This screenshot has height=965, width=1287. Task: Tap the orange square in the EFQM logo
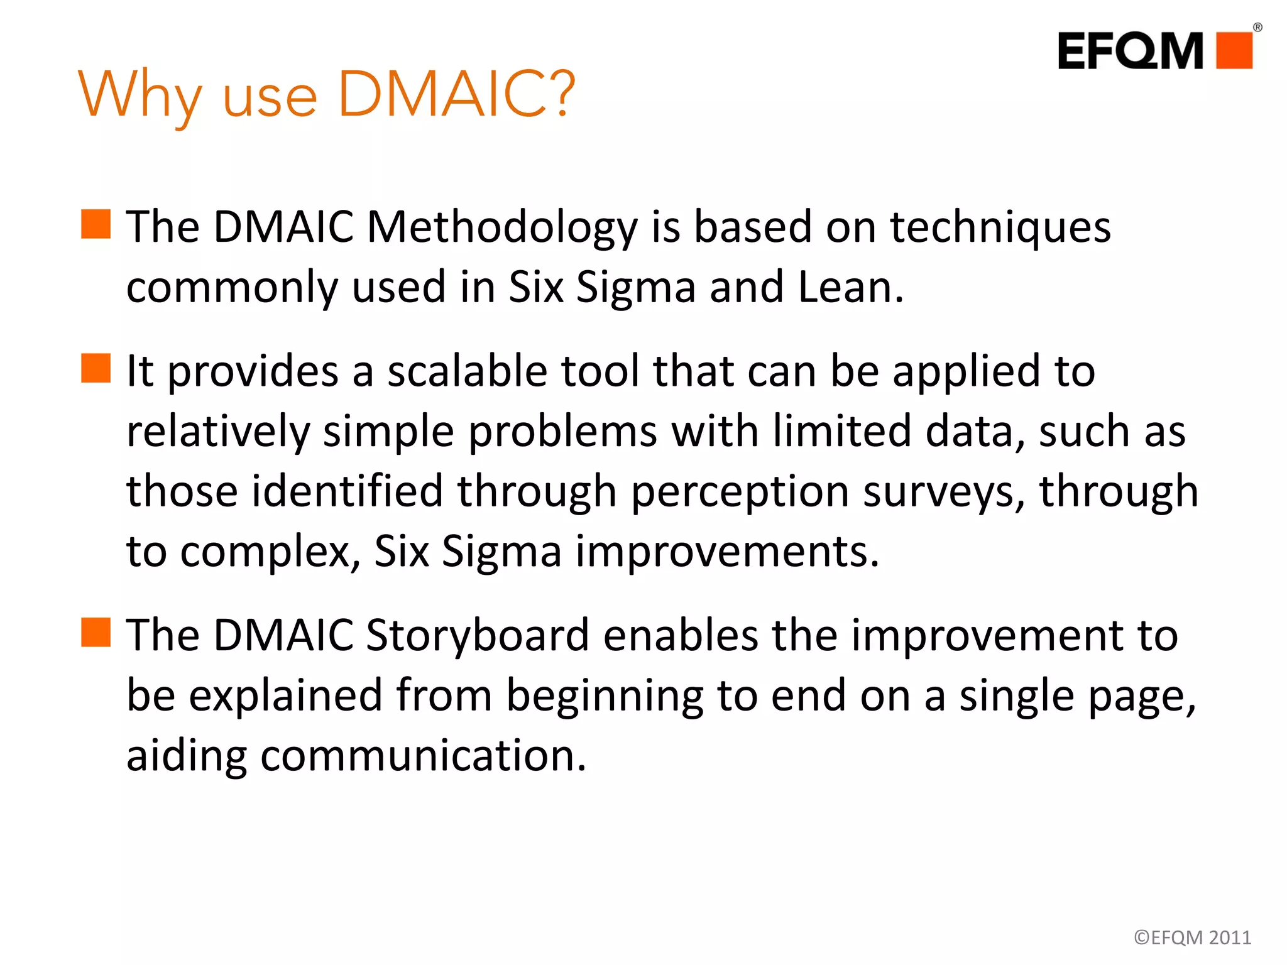(1234, 50)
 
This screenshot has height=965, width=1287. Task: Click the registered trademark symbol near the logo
(1257, 27)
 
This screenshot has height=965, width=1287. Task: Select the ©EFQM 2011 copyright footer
(1192, 937)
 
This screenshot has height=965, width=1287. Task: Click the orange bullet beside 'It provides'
(96, 368)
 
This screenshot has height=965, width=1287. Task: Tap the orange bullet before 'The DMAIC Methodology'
(96, 224)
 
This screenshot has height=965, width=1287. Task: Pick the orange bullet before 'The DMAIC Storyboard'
(96, 632)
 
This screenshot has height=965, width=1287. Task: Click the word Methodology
(501, 227)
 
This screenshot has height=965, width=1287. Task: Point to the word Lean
(850, 287)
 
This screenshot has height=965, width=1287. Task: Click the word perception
(739, 491)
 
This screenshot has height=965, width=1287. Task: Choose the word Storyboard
(477, 636)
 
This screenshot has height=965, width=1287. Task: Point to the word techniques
(1000, 227)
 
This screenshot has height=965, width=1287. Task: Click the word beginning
(605, 696)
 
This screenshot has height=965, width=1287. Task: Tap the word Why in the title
(140, 95)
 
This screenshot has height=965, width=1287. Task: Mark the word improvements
(727, 552)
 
